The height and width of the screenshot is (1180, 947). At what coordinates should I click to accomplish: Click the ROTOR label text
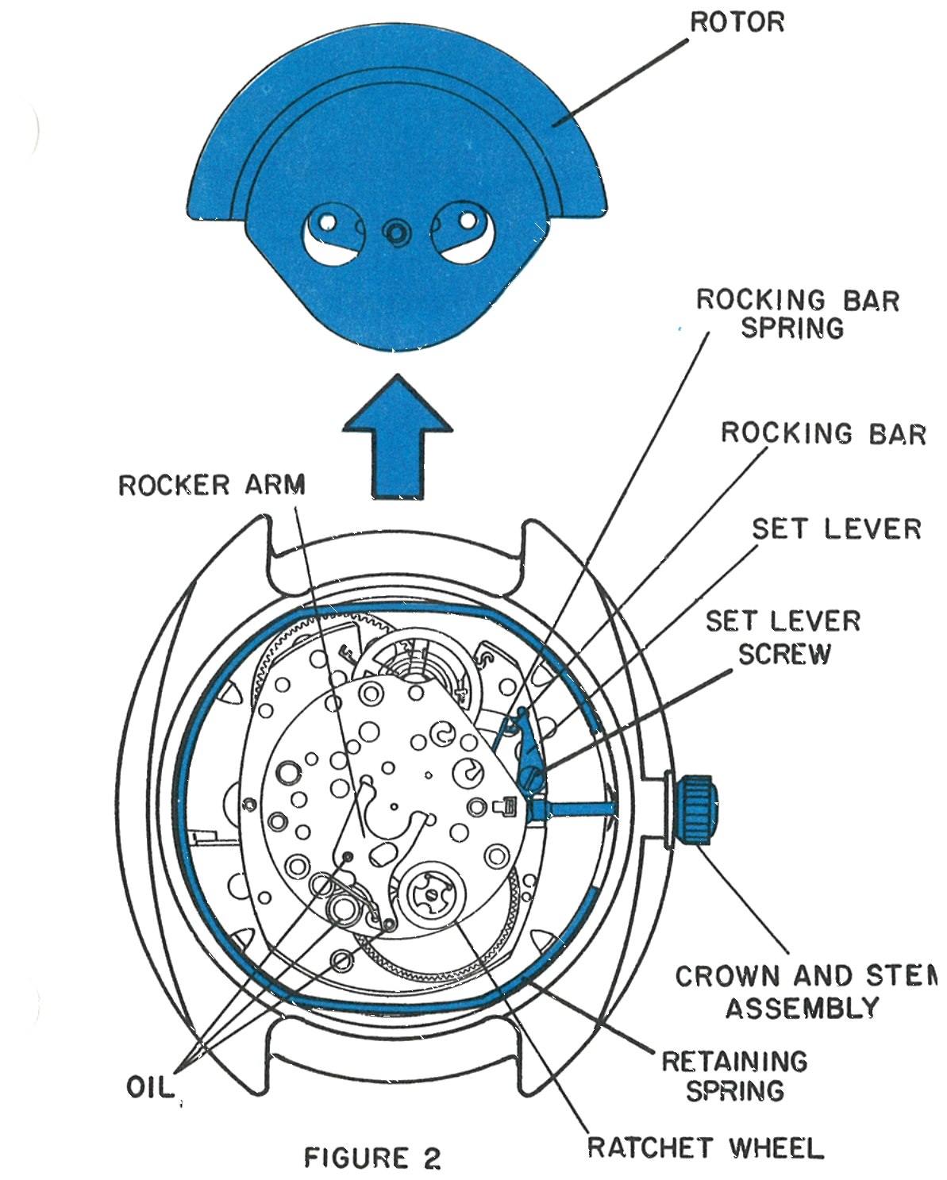pos(737,22)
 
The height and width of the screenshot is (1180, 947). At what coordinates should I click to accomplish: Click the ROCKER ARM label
pos(212,486)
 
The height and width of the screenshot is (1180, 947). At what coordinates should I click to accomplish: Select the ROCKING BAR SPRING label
pos(797,313)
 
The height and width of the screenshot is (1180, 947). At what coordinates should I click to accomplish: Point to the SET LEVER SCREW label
pos(783,638)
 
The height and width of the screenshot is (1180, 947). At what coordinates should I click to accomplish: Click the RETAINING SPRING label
pos(735,1076)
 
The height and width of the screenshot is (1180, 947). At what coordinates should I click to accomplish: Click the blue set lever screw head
pos(532,777)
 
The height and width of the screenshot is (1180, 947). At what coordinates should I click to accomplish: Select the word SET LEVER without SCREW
pos(836,529)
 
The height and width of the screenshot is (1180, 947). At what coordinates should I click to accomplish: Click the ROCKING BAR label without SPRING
pos(823,434)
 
